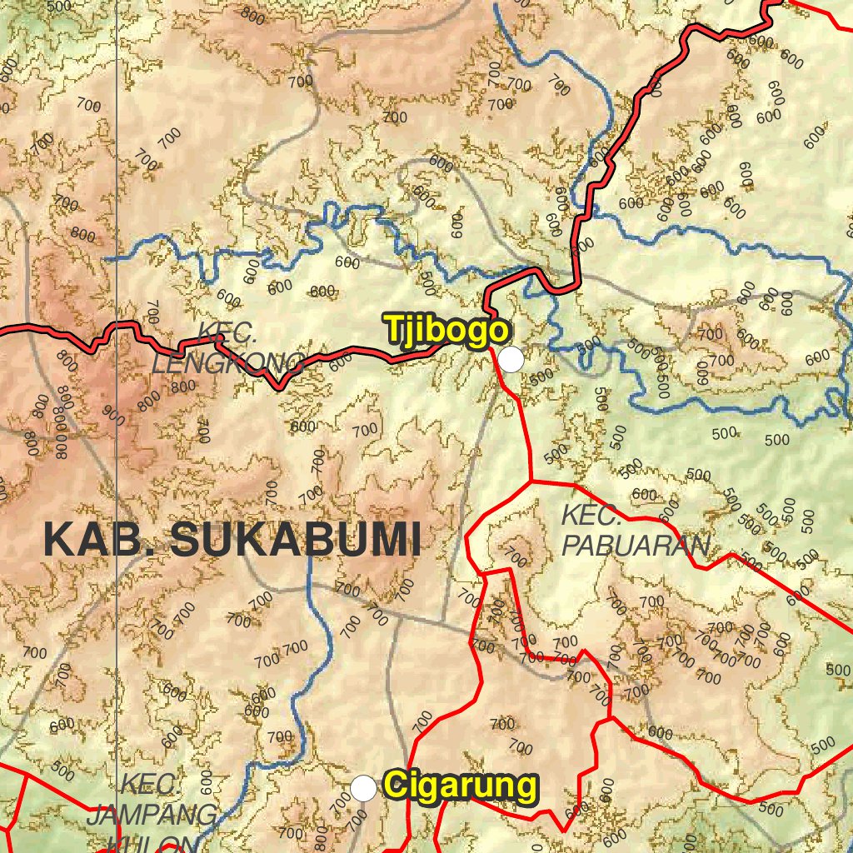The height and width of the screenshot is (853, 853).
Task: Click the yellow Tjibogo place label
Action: [446, 330]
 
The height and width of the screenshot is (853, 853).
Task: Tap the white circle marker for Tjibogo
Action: [511, 359]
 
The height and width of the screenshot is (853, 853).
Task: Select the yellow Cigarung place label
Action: [460, 786]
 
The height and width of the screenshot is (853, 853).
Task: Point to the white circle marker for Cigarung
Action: [363, 787]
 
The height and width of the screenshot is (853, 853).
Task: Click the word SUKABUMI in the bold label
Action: [295, 540]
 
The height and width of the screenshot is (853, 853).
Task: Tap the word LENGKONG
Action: [227, 364]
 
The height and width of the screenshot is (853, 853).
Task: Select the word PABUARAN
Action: [636, 546]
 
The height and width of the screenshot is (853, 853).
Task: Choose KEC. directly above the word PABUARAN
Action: [591, 515]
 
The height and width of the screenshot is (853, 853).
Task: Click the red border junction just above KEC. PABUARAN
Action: [531, 481]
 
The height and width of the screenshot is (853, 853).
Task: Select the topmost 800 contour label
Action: [252, 14]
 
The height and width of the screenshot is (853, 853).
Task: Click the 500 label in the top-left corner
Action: [59, 6]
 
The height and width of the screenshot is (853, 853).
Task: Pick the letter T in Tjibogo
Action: [394, 330]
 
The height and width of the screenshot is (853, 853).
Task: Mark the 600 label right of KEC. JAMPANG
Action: [206, 783]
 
